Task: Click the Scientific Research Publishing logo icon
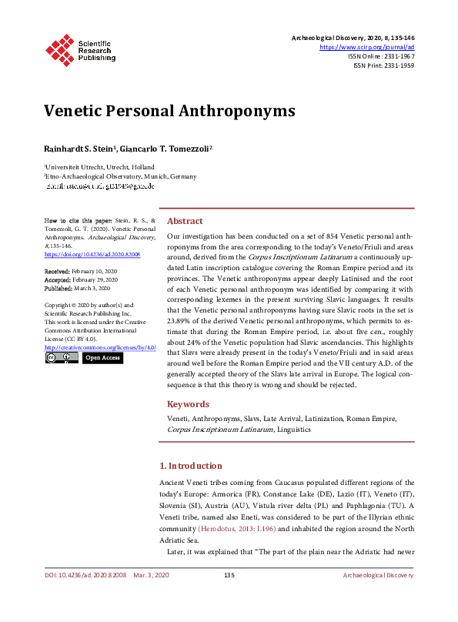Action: tap(60, 48)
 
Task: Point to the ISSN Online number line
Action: tap(381, 56)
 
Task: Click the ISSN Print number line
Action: tap(383, 65)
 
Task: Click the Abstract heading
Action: tap(185, 220)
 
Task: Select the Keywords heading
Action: tap(188, 404)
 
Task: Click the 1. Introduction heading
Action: tap(200, 466)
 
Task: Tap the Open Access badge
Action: tap(102, 358)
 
